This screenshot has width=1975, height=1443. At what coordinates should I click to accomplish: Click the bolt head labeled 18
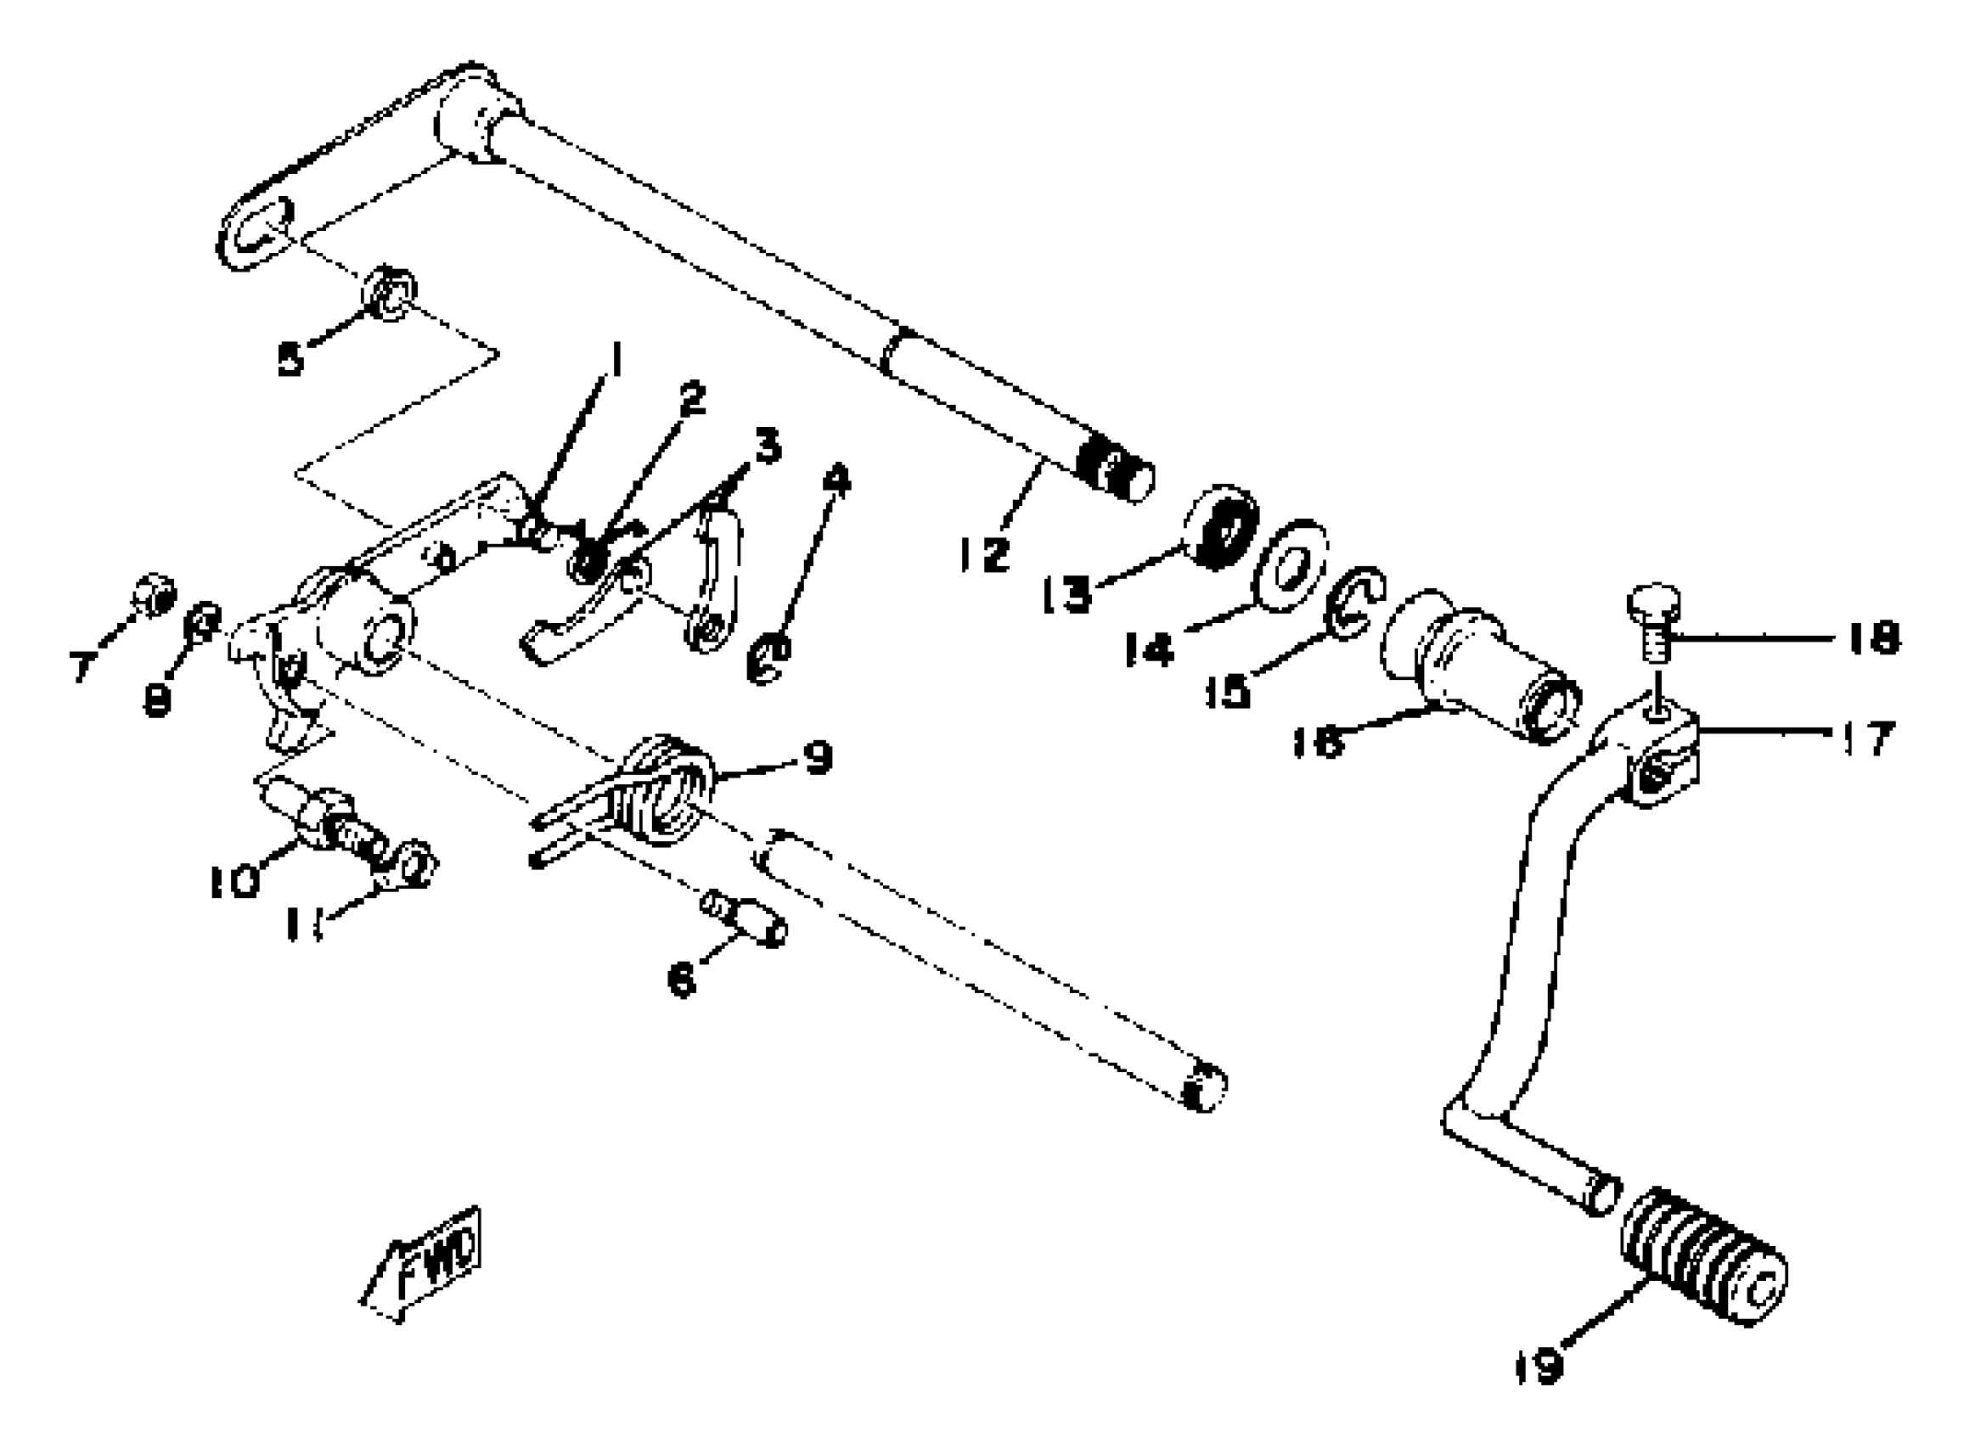[1652, 604]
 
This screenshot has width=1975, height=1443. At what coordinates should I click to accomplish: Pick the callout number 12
[984, 553]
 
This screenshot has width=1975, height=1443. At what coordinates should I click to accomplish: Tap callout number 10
[235, 880]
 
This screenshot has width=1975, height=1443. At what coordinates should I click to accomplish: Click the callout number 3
[768, 447]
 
